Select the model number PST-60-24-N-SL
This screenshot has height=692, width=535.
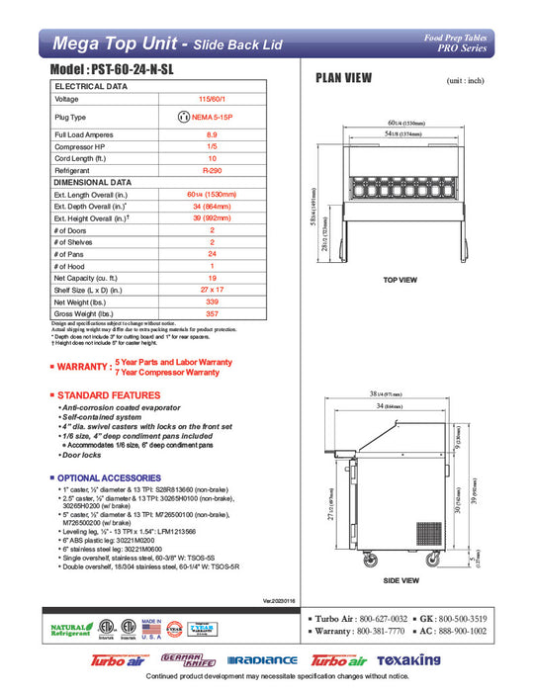130,73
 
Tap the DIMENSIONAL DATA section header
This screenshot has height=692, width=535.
93,183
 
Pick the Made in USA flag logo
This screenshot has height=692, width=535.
151,629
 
